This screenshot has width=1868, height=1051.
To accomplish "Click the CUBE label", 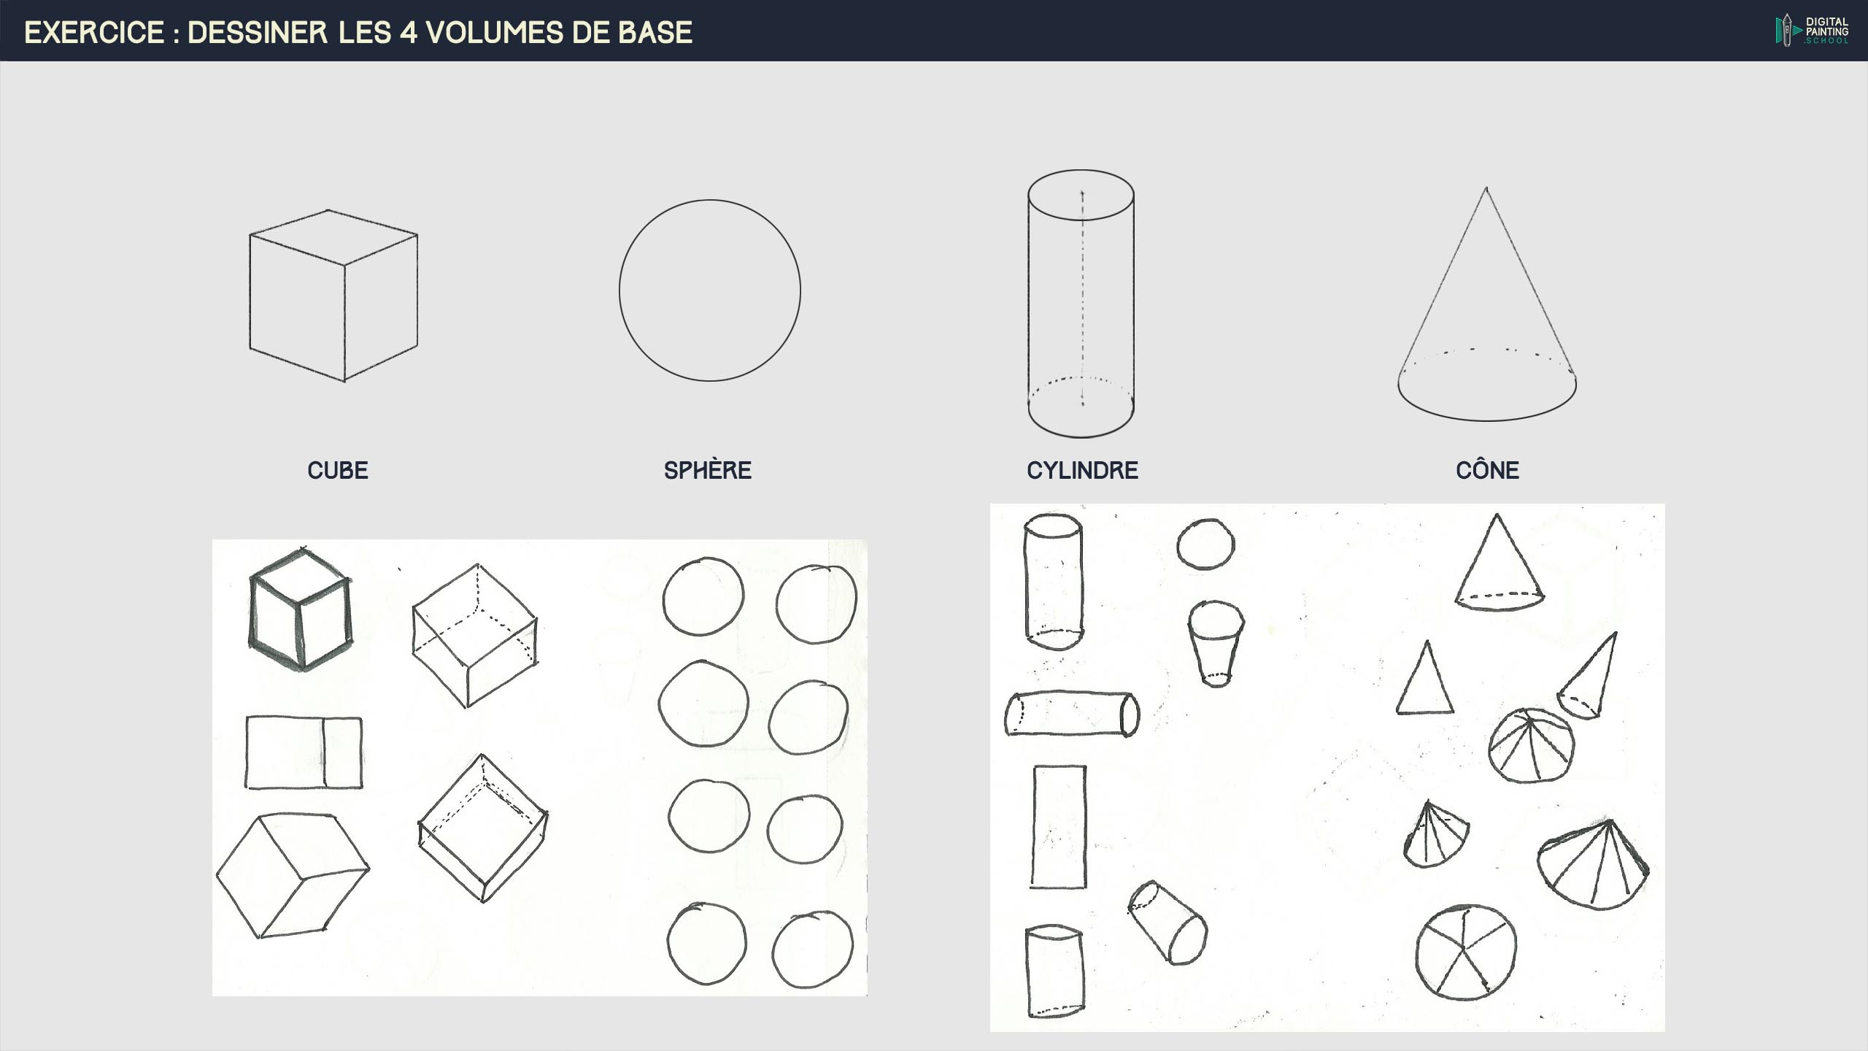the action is [x=338, y=470].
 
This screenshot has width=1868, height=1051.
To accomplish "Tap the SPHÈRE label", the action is [x=708, y=470].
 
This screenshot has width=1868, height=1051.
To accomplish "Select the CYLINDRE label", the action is [x=1082, y=470].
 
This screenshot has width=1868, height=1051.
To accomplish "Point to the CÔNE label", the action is [x=1487, y=469].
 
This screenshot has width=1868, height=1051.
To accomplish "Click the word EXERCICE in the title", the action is [x=95, y=33].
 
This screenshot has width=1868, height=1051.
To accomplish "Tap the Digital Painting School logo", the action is [x=1812, y=31].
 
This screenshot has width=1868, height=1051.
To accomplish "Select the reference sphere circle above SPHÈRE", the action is [x=620, y=290].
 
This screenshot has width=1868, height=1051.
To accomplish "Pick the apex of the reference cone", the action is [x=1486, y=188].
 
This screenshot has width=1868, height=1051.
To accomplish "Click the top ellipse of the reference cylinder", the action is [x=1081, y=170].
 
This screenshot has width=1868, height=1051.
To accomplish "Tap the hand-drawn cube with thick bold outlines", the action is [x=300, y=609].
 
